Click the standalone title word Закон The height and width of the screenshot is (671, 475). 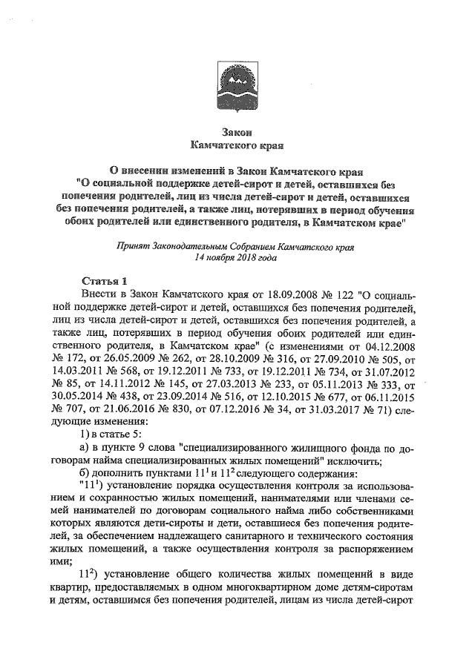[238, 130]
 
